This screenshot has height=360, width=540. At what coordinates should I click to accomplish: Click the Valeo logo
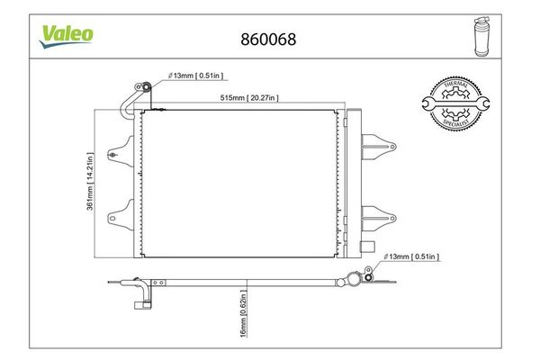[67, 32]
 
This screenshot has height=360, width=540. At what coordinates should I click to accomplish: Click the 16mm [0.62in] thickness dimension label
[243, 322]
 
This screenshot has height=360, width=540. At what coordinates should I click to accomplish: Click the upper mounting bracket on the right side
[375, 142]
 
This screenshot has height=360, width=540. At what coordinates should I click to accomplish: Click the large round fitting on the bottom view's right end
[366, 278]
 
